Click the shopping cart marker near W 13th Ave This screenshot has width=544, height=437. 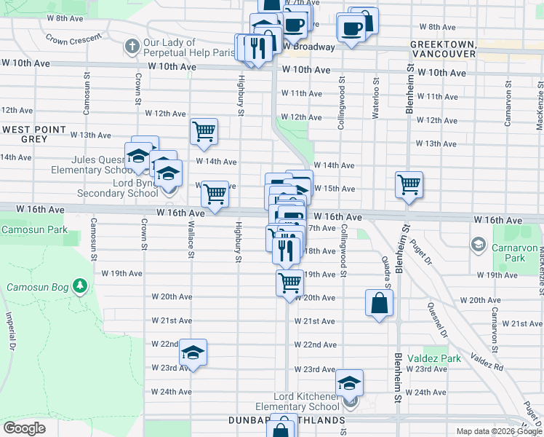(204, 132)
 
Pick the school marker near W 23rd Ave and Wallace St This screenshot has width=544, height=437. (193, 353)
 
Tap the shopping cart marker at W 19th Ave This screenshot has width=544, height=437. (290, 281)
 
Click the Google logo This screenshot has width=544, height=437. (24, 428)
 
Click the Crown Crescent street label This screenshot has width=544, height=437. (73, 37)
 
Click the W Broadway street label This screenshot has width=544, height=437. (308, 47)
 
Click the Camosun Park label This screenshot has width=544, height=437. (34, 229)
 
